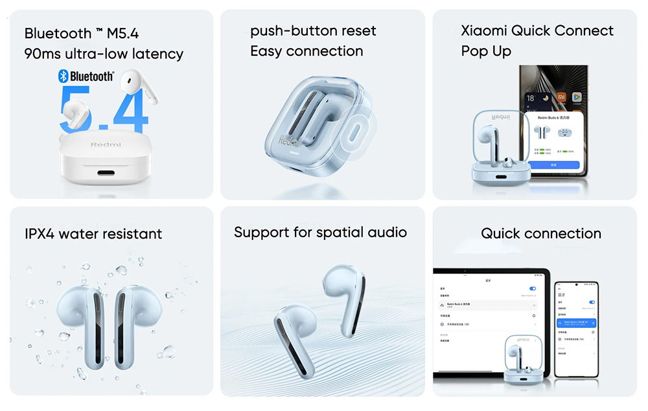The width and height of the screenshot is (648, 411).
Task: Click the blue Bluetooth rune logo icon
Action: pyautogui.click(x=64, y=76)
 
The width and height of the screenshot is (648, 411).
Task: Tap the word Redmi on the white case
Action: pyautogui.click(x=106, y=145)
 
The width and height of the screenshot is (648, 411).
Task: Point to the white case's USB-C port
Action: pyautogui.click(x=106, y=173)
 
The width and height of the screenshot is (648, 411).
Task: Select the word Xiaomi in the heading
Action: pyautogui.click(x=484, y=31)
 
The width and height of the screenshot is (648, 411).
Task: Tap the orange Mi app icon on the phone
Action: pyautogui.click(x=561, y=97)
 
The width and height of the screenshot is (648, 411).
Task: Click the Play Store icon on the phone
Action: pyautogui.click(x=576, y=97)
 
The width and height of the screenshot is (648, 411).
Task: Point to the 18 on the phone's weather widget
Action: pyautogui.click(x=531, y=98)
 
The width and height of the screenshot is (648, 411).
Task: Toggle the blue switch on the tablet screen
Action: pyautogui.click(x=533, y=288)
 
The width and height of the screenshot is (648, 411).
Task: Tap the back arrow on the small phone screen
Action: pyautogui.click(x=559, y=294)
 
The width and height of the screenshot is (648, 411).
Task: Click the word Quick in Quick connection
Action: pyautogui.click(x=500, y=233)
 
